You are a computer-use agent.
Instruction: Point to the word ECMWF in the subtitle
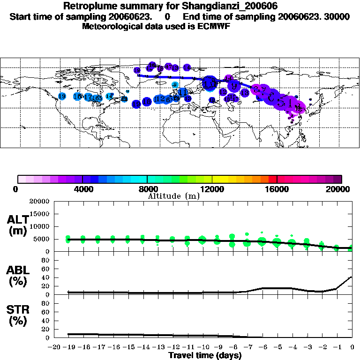[x=214, y=26]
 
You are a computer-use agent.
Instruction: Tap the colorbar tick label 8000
[x=147, y=189]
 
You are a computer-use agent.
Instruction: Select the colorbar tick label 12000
[x=212, y=189]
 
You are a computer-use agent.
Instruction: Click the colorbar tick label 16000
[x=277, y=189]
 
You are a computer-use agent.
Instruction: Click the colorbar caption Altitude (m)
[x=173, y=196]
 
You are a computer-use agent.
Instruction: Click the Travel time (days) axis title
[x=205, y=355]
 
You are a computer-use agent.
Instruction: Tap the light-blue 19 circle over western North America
[x=62, y=96]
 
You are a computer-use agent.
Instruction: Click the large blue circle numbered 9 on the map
[x=234, y=86]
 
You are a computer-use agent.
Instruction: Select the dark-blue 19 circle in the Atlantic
[x=136, y=104]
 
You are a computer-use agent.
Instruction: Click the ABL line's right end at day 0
[x=352, y=277]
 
